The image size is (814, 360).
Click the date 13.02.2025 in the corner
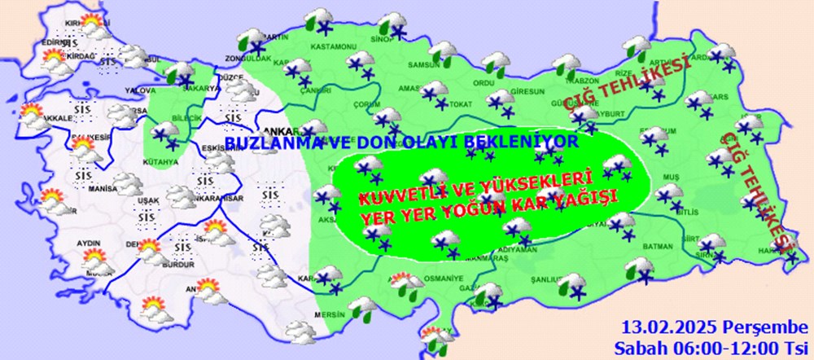point(662,329)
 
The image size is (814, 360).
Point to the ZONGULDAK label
point(252,59)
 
